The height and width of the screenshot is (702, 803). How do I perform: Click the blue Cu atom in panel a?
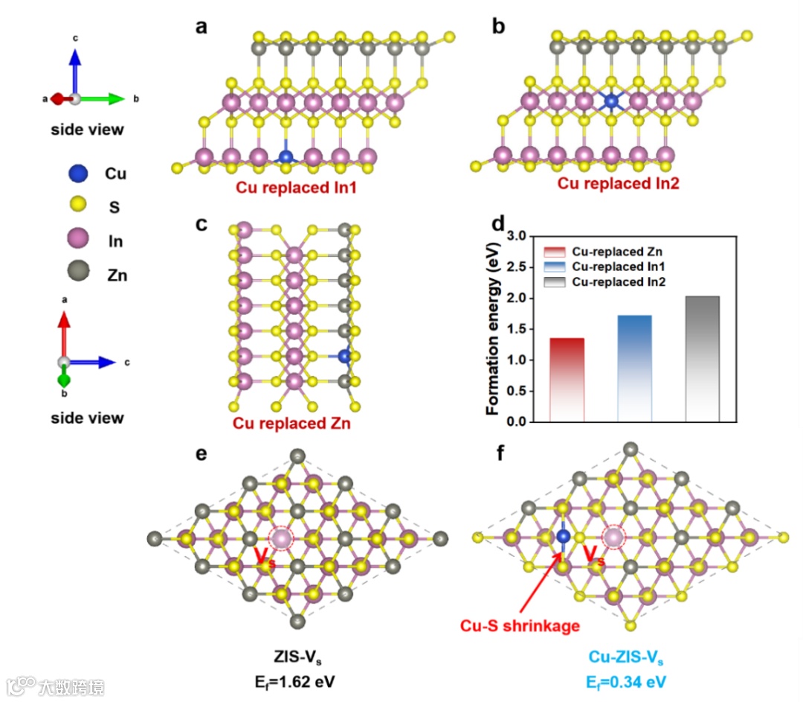tap(286, 157)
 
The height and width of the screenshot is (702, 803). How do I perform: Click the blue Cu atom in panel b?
tap(611, 100)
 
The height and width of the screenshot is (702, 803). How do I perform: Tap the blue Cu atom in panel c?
tap(344, 357)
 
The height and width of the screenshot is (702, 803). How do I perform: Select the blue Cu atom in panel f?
tap(563, 536)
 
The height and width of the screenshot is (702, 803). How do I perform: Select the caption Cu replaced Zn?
tap(291, 424)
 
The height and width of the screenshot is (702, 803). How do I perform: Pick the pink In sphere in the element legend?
tap(77, 240)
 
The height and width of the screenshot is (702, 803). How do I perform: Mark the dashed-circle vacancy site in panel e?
tap(280, 538)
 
